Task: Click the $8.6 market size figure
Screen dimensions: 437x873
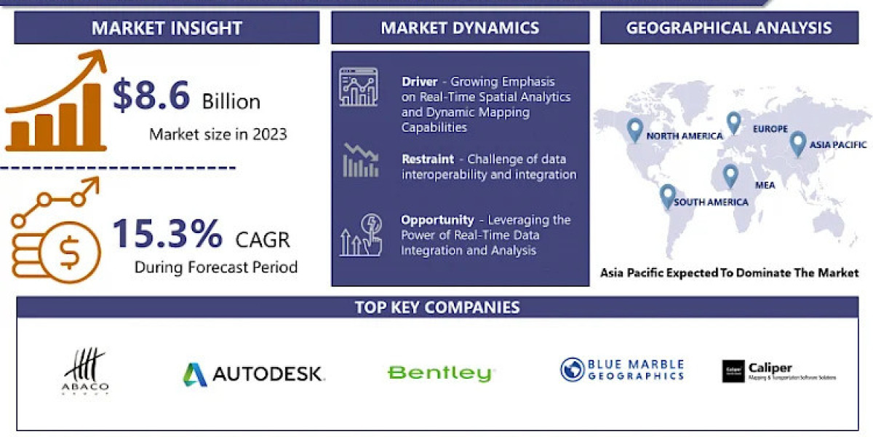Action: [x=151, y=95]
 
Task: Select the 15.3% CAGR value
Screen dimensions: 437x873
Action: [x=167, y=235]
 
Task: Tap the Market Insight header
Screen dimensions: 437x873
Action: [x=167, y=28]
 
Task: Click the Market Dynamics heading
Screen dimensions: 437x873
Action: [x=460, y=28]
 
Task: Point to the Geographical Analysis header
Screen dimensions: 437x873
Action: [x=729, y=28]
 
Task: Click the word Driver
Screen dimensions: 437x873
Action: [x=420, y=82]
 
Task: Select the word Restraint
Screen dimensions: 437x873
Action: [x=428, y=159]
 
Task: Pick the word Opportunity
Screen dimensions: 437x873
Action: [x=437, y=220]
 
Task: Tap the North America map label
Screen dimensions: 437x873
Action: [x=684, y=136]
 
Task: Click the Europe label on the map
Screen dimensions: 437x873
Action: [x=770, y=129]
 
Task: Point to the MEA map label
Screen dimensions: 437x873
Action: [x=765, y=185]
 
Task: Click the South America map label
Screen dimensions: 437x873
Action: [x=711, y=202]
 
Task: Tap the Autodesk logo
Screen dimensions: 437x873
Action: [x=253, y=374]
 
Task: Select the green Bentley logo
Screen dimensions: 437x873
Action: [x=440, y=374]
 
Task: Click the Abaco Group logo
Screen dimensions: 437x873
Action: [x=86, y=372]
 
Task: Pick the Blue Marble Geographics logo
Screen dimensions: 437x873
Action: [x=622, y=370]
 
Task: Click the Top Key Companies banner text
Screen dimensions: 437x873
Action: [x=437, y=307]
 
